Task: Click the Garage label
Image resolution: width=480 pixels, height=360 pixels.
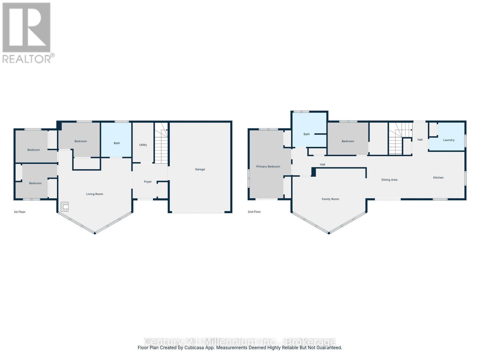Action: tap(200, 169)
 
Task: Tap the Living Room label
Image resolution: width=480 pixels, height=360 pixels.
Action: tap(94, 194)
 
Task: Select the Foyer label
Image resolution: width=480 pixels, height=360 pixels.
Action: tap(148, 182)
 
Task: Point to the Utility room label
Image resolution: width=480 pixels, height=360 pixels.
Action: tap(143, 145)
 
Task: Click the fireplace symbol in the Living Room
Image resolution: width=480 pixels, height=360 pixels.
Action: tap(64, 207)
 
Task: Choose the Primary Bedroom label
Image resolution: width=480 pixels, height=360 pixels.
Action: tap(268, 166)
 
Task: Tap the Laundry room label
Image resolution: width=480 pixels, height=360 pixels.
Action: tap(448, 140)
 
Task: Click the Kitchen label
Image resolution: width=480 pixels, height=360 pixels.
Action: tap(438, 178)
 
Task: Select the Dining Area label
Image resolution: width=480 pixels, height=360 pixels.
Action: tap(389, 180)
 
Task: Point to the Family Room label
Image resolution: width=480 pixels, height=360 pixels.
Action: tap(330, 199)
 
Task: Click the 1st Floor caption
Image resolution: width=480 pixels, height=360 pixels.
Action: tap(20, 212)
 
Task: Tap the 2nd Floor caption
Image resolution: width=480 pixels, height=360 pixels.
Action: tap(254, 212)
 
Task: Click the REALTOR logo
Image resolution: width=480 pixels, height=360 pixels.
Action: tap(28, 33)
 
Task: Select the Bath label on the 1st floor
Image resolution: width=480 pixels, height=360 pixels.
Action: tap(117, 143)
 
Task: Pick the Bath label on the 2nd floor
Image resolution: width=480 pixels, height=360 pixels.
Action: tap(306, 134)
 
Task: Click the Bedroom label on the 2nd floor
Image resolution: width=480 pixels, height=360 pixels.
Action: tap(348, 141)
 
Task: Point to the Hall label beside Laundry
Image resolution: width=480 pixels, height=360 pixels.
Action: tap(420, 140)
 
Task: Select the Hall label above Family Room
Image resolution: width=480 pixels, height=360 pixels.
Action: tap(322, 164)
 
